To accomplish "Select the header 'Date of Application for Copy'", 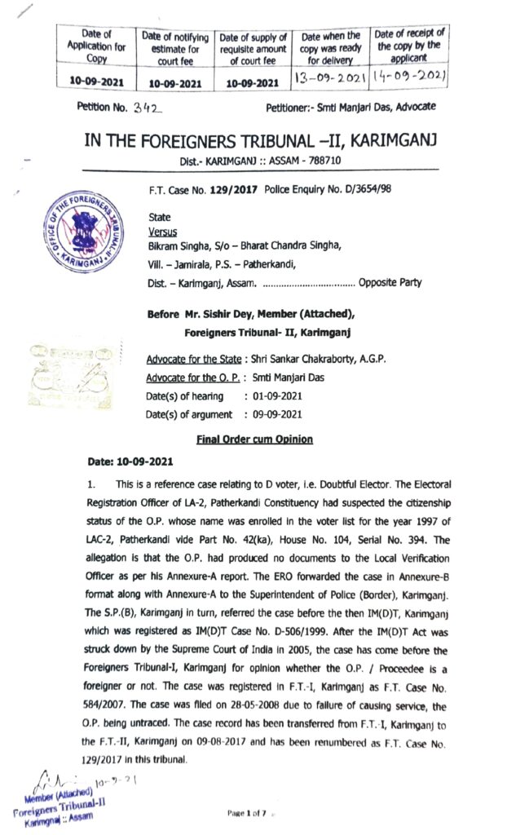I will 97,46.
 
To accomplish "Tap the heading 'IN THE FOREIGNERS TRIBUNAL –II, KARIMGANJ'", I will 261,140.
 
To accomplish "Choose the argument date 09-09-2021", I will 281,415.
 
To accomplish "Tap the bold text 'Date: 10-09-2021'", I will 130,462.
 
